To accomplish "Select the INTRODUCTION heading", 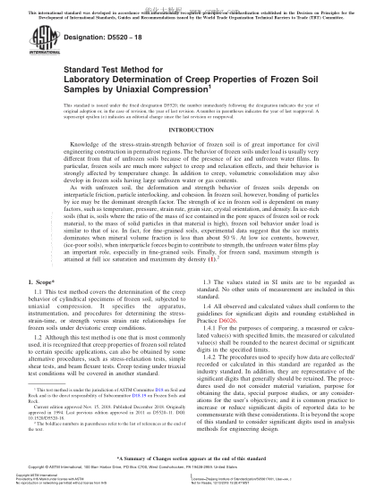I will [x=192, y=130].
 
